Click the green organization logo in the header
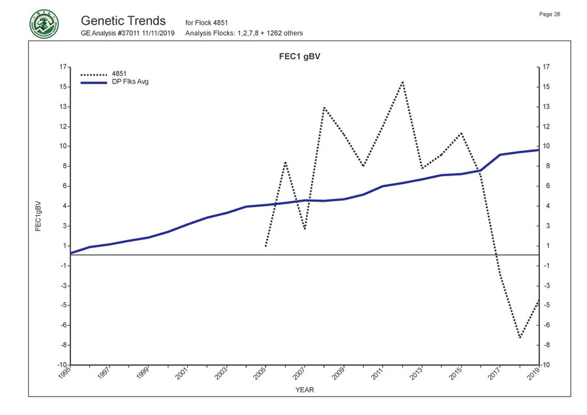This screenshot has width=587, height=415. pyautogui.click(x=44, y=23)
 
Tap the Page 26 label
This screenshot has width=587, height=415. pyautogui.click(x=550, y=14)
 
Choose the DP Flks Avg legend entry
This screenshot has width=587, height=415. pyautogui.click(x=114, y=82)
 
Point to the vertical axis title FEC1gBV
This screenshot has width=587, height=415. pyautogui.click(x=38, y=215)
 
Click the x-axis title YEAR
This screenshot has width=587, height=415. pyautogui.click(x=305, y=390)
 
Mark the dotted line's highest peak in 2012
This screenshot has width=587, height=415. pyautogui.click(x=402, y=82)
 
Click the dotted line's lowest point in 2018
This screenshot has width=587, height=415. pyautogui.click(x=520, y=338)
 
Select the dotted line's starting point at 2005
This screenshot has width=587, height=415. pyautogui.click(x=265, y=246)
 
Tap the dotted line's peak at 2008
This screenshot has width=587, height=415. pyautogui.click(x=324, y=107)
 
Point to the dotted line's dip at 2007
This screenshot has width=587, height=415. pyautogui.click(x=305, y=229)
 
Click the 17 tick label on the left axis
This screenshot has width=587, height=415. pyautogui.click(x=62, y=67)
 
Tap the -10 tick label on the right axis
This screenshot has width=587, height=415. pyautogui.click(x=548, y=365)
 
